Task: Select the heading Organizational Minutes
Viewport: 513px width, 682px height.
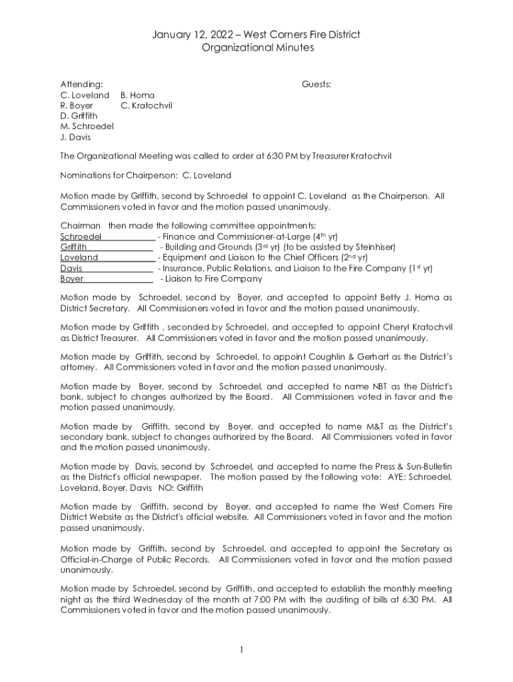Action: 256,48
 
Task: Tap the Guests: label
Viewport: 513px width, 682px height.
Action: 316,85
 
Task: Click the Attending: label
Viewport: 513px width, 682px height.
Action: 82,85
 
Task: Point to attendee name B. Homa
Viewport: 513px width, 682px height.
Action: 137,95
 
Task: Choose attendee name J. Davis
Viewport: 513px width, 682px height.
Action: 76,137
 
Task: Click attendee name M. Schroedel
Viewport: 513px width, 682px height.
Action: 87,127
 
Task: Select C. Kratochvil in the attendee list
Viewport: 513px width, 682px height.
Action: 147,105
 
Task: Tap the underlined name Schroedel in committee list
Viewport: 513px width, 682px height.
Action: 81,236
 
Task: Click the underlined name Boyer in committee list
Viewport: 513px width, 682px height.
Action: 72,279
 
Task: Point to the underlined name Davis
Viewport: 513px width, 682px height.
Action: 71,268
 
